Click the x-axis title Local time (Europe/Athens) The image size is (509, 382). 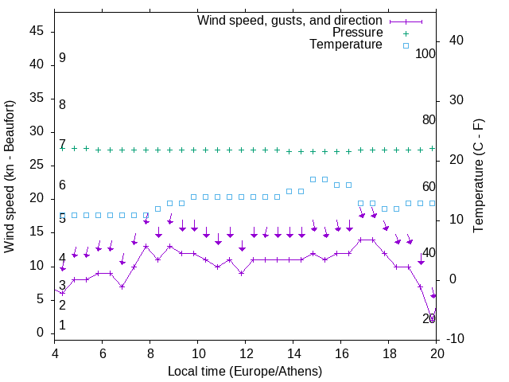245,371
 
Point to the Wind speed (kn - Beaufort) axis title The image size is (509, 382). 10,177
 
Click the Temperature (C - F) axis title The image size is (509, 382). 478,177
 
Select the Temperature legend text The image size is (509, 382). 346,45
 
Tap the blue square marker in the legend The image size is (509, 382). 405,45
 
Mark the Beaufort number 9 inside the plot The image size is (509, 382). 62,58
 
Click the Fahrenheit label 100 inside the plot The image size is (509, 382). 425,53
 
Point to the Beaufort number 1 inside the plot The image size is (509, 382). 62,325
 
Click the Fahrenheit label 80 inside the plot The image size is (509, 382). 429,119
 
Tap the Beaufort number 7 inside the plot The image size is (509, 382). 62,144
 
